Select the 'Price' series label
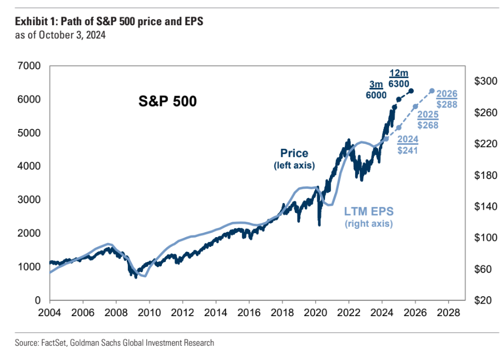[294, 154]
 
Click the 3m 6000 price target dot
[398, 99]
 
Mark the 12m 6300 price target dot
[412, 91]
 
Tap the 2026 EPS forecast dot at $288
[432, 91]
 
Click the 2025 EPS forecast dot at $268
[415, 106]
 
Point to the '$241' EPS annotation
[407, 149]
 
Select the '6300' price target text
[399, 84]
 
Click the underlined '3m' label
[375, 84]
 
